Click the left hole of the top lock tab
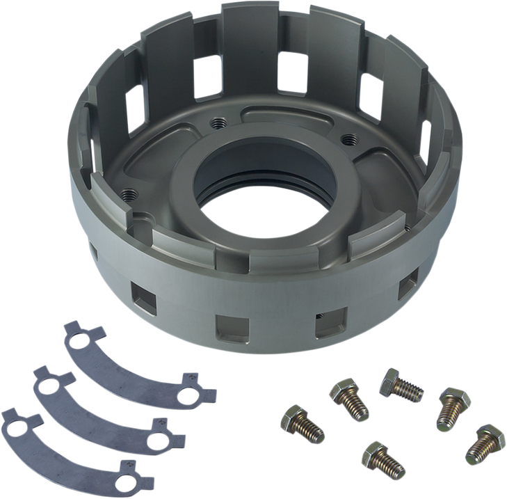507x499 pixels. click(81, 340)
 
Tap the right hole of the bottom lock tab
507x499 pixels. click(129, 476)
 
